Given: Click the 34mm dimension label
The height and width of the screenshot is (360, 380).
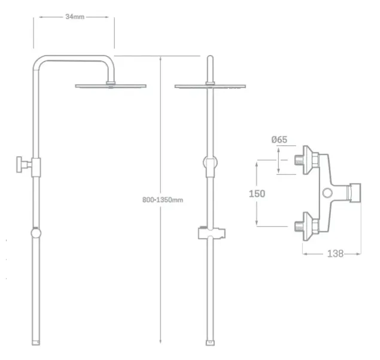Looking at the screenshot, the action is pos(75,17).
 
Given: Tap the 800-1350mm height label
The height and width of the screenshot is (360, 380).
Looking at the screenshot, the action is pos(163,200).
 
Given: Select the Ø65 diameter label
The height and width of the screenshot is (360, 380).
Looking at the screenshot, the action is pos(279,139).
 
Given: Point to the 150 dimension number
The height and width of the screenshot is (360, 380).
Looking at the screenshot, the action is pos(257,193).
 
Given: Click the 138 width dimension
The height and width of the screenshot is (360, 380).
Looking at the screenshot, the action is pos(335,254).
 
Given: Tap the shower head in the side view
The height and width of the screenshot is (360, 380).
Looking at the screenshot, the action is pos(111,86).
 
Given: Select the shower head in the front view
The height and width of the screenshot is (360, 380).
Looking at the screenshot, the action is pos(210,86).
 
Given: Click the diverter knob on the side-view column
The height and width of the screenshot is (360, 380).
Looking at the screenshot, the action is pos(21,164).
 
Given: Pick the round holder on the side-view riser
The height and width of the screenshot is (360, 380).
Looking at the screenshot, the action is pos(36,233).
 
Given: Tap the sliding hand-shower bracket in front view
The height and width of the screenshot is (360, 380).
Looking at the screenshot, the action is pos(212,233).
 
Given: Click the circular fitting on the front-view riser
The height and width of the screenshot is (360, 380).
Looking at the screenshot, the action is pos(210,162).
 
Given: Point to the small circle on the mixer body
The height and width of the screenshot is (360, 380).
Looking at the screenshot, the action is pos(327,193).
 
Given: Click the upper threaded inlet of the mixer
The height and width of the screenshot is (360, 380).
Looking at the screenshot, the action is pos(299,160).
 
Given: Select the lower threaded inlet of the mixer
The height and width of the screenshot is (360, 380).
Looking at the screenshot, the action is pos(299,226).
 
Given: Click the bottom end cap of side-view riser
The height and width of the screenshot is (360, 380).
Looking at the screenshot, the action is pos(36,343).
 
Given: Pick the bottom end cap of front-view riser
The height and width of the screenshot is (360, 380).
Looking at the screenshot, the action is pos(210,343).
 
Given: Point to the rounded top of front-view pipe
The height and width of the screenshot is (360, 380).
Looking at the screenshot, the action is pos(210,58).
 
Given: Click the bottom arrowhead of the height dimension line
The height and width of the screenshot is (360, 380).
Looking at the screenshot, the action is pos(160,341).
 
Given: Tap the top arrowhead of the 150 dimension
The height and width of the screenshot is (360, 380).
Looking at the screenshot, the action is pos(257,164).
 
